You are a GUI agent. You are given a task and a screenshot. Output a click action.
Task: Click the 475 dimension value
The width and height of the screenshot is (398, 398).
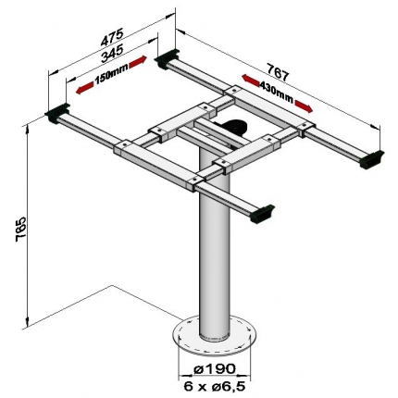tap(112, 37)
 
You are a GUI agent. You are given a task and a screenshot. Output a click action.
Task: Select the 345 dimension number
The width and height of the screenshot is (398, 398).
tap(112, 53)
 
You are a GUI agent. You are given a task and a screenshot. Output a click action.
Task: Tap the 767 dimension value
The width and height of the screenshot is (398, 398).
tap(278, 72)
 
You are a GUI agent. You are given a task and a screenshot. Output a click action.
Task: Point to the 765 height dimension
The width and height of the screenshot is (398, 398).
tap(22, 229)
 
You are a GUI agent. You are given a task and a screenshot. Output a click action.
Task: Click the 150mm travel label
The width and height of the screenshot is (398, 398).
tap(111, 76)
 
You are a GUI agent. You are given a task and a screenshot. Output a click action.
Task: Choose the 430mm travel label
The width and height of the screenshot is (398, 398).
tap(276, 92)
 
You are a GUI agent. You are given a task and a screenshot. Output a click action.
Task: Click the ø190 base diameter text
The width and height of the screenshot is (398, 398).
tap(215, 368)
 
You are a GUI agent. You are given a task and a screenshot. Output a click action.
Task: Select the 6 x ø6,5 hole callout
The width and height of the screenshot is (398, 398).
tap(215, 386)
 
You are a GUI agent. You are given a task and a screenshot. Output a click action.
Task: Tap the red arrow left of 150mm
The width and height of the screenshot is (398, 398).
tap(84, 88)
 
